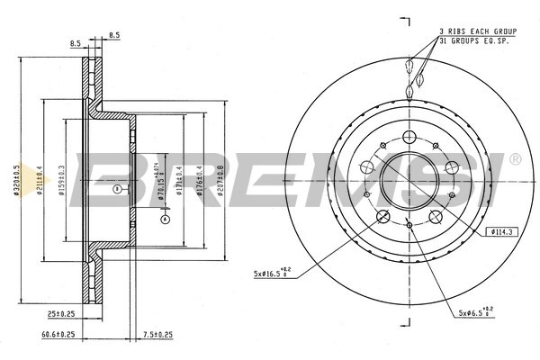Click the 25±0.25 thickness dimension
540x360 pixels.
click(62, 313)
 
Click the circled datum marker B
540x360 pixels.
click(115, 189)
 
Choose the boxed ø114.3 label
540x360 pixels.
click(500, 232)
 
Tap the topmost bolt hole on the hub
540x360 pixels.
click(409, 137)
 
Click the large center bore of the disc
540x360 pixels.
click(409, 178)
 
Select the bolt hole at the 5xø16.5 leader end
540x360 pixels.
click(383, 215)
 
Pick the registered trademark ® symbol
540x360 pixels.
click(514, 159)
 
